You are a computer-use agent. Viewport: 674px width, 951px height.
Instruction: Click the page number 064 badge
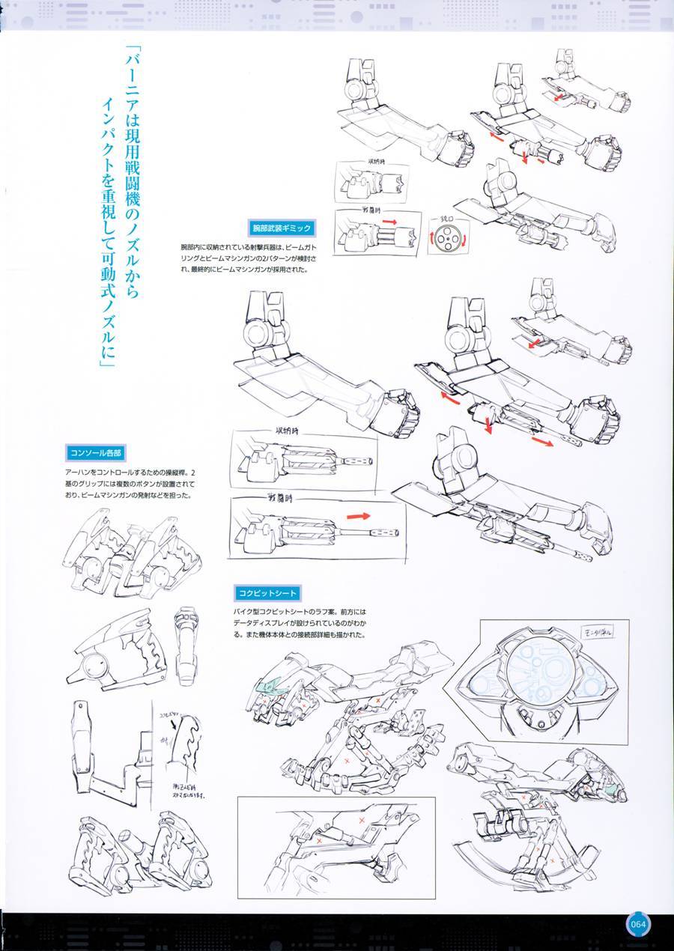637,923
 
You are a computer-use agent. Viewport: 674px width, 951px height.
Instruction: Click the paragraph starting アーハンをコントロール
131,484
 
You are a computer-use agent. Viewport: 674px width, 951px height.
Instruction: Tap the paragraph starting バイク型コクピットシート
300,624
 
